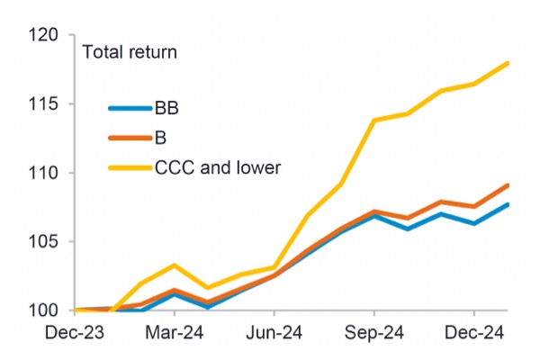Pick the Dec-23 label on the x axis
pos(78,334)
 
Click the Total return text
pos(130,52)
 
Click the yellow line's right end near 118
pos(508,63)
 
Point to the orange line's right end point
pos(508,185)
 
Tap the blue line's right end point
pos(508,204)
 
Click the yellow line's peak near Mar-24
pos(175,265)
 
